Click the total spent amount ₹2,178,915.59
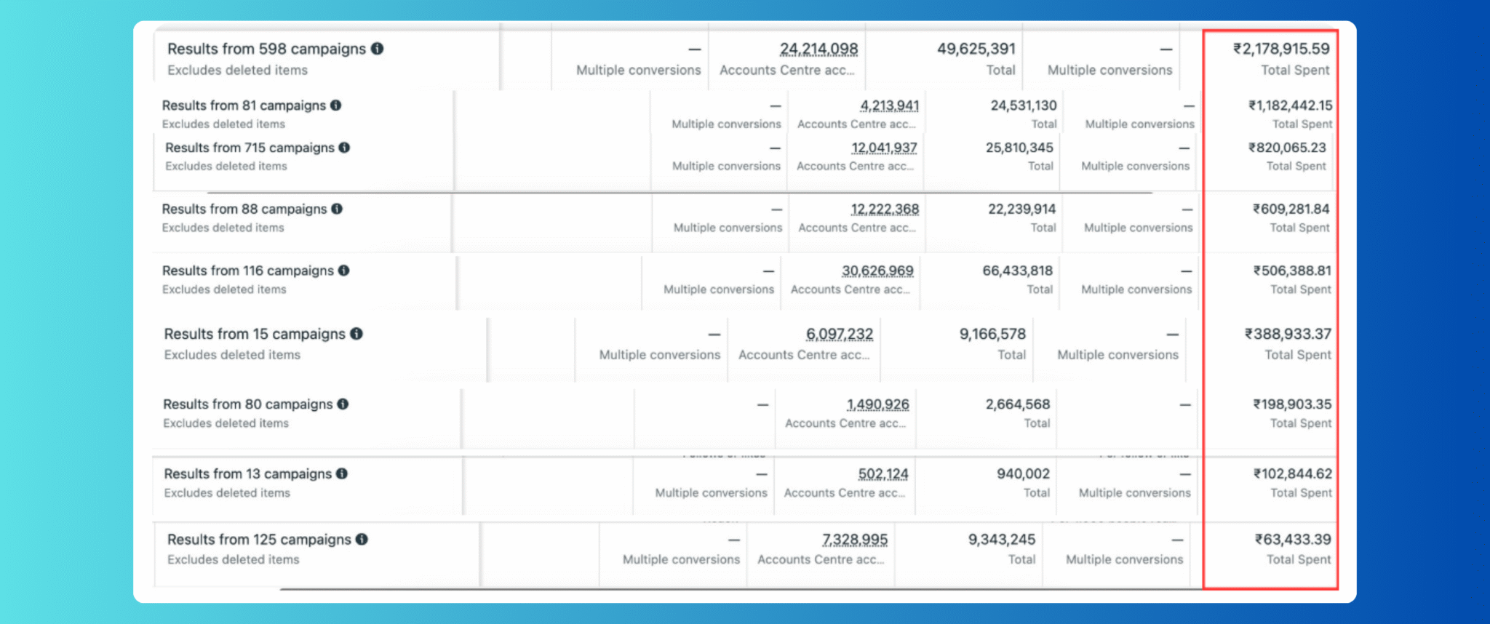1281,49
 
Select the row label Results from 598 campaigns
266,49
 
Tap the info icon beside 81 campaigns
335,105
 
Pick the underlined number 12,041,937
884,148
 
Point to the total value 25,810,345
1019,148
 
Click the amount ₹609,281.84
1291,209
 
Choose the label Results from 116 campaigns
247,271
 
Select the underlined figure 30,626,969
877,271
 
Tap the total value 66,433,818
1017,271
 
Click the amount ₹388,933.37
1288,335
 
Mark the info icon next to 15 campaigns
356,334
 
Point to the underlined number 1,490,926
877,405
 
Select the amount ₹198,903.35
1292,405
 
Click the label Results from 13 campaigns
247,474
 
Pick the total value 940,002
1023,474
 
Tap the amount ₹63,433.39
1293,540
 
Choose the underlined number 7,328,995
855,540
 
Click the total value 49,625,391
976,49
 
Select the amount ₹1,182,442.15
1291,106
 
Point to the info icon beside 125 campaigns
362,540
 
